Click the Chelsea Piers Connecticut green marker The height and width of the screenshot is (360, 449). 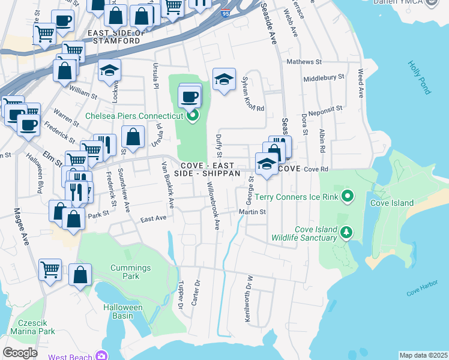(193, 116)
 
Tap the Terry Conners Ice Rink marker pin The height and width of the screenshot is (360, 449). (346, 196)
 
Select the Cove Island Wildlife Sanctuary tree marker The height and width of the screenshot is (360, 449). (346, 232)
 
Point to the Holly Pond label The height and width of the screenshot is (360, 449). (419, 77)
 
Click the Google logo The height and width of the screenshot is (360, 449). (20, 353)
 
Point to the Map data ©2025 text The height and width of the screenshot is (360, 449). (423, 355)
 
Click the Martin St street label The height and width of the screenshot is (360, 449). (252, 212)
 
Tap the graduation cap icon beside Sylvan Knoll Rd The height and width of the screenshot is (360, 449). (224, 79)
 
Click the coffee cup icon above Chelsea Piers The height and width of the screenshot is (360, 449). (190, 96)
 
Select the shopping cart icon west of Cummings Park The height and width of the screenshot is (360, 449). (50, 269)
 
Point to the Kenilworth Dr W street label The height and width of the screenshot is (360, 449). (247, 298)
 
